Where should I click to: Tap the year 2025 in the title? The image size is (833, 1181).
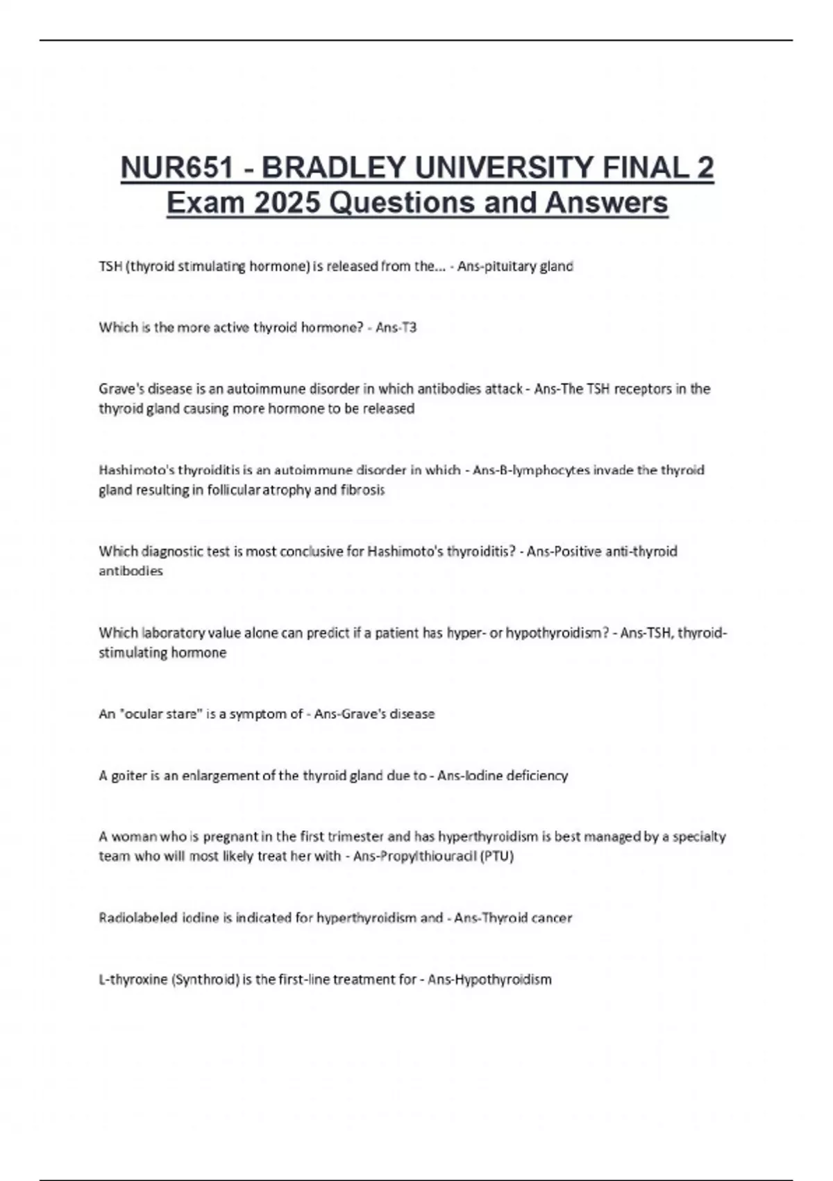tap(287, 203)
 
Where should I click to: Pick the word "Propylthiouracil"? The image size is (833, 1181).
tap(428, 857)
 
